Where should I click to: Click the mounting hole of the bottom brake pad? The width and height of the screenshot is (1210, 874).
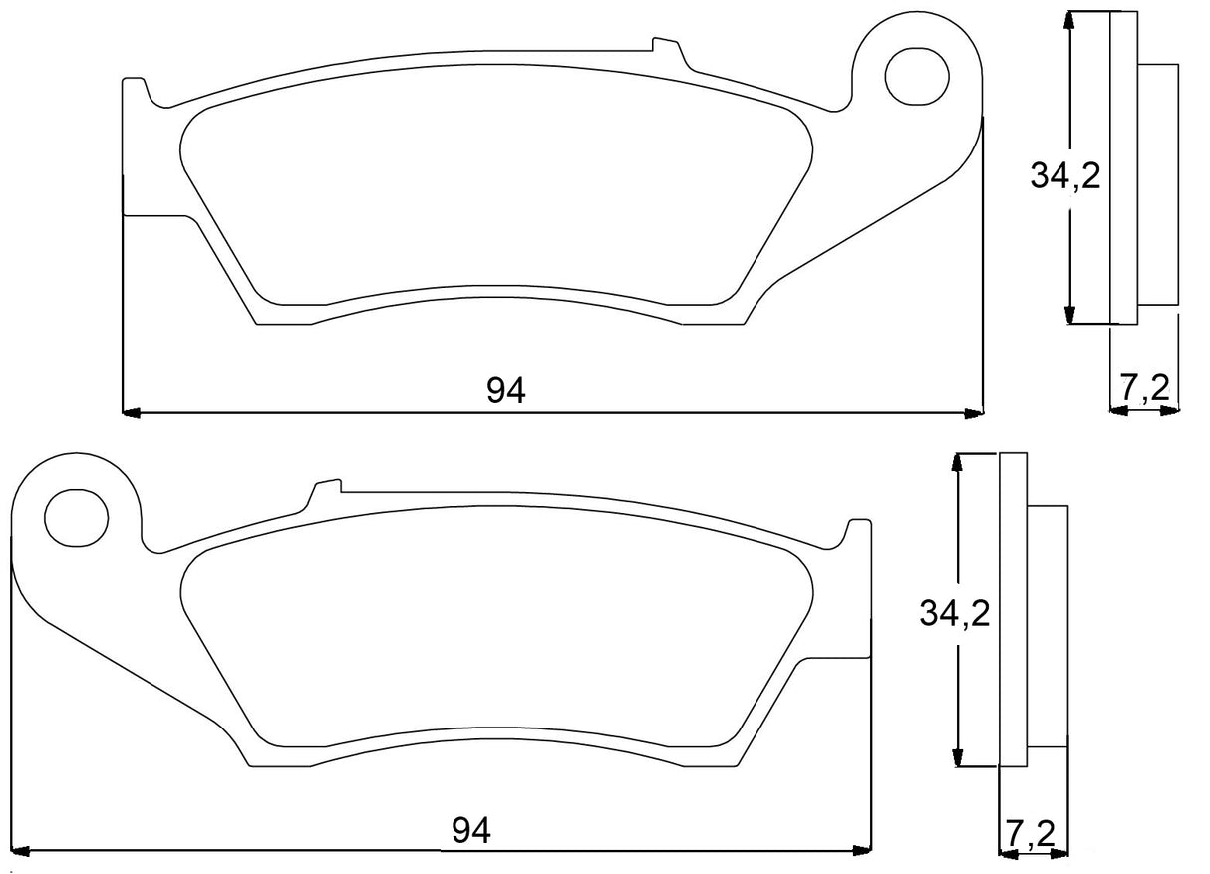(x=76, y=516)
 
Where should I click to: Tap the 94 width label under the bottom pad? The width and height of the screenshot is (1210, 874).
(x=471, y=829)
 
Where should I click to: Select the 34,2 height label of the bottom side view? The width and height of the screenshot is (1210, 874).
(x=954, y=615)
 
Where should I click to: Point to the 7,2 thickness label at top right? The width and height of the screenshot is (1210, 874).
(x=1144, y=388)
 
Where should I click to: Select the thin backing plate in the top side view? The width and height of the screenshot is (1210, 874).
(x=1122, y=167)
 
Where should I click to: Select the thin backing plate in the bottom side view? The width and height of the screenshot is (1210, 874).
(x=1012, y=610)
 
